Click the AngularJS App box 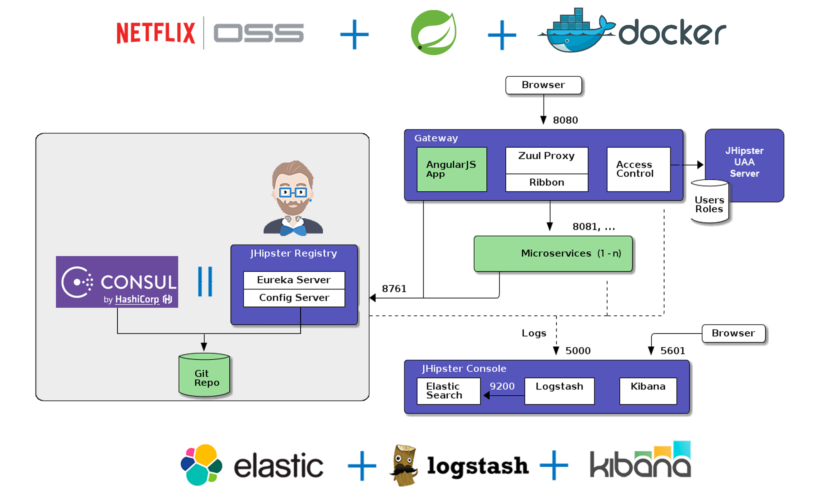(451, 169)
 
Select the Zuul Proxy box (546, 160)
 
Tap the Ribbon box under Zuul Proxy (546, 182)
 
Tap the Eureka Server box (294, 280)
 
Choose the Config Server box (294, 298)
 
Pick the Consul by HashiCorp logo (117, 282)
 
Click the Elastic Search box (448, 390)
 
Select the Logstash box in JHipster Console (559, 390)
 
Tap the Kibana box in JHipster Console (648, 390)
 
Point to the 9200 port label (502, 386)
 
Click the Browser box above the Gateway (543, 85)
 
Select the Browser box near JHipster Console (733, 333)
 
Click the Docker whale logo (576, 32)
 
